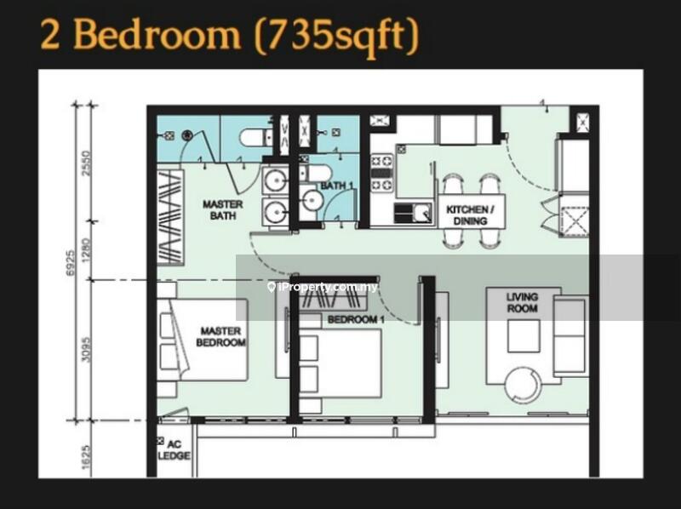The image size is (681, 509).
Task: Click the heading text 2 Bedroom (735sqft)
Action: [x=230, y=35]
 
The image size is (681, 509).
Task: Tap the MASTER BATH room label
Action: [x=223, y=209]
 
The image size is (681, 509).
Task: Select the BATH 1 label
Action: [x=336, y=186]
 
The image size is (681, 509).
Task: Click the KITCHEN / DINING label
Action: [x=471, y=215]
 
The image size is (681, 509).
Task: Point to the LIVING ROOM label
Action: [x=522, y=303]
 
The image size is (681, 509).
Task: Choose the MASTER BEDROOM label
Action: [x=220, y=336]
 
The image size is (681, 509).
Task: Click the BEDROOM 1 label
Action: [x=356, y=320]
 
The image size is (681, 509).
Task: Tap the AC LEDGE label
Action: [x=175, y=450]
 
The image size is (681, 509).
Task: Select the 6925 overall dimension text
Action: [x=71, y=262]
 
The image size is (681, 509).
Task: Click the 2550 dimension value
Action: [x=87, y=163]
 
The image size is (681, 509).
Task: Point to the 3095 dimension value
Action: [x=87, y=350]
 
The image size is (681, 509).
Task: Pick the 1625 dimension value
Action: [x=87, y=457]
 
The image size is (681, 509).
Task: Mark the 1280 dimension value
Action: [x=87, y=250]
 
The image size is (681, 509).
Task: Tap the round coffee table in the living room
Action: [x=524, y=386]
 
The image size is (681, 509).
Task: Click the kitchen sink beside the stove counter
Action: [x=414, y=214]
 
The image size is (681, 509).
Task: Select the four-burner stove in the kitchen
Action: [x=381, y=174]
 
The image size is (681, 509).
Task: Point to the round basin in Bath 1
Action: [x=312, y=200]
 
